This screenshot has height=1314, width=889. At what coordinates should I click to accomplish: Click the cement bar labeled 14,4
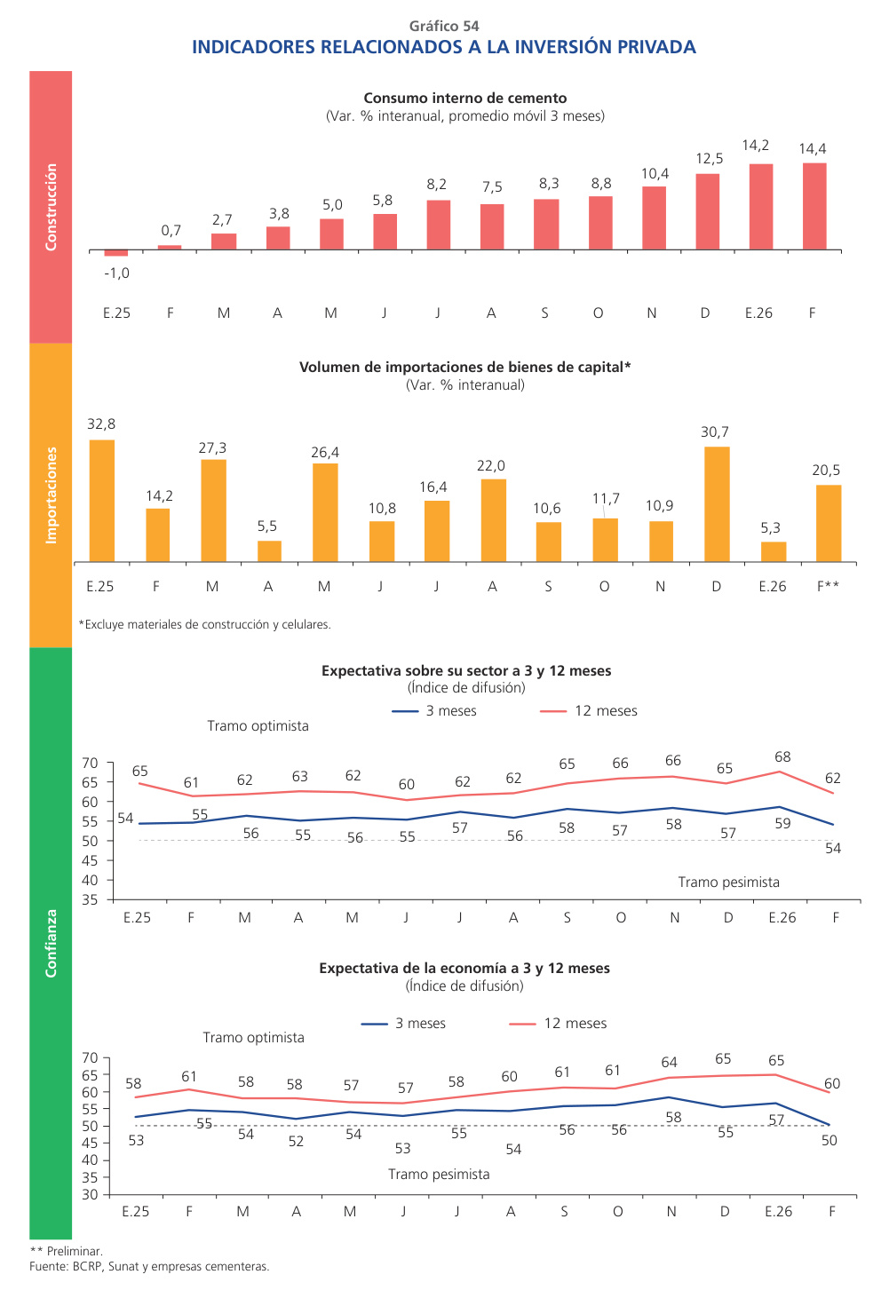click(814, 206)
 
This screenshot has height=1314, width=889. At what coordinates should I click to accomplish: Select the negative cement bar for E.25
click(116, 253)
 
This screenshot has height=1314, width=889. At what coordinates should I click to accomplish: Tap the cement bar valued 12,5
click(707, 211)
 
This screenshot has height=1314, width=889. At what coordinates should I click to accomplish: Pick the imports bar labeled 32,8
click(102, 500)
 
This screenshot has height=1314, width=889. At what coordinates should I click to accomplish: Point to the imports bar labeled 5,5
click(269, 550)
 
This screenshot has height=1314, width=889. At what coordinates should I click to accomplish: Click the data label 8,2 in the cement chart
click(436, 185)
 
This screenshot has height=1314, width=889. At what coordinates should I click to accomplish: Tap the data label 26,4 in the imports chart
click(325, 453)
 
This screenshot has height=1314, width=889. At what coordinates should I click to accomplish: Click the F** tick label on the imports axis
click(828, 587)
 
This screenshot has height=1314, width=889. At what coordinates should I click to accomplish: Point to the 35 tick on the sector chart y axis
click(91, 899)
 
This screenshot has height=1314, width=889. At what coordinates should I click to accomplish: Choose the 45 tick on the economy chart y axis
click(90, 1144)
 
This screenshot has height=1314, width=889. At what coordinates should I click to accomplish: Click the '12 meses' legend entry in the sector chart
click(606, 711)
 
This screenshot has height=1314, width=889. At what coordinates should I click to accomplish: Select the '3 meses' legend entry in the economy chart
click(420, 1024)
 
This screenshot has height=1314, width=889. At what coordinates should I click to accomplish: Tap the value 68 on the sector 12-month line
click(782, 757)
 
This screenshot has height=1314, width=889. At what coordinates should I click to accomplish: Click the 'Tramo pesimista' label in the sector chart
click(728, 883)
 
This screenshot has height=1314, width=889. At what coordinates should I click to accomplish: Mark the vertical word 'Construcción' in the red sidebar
click(51, 207)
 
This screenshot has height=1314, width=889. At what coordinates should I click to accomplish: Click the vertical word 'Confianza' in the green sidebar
click(51, 943)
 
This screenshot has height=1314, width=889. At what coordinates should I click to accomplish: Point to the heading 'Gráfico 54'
click(444, 27)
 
